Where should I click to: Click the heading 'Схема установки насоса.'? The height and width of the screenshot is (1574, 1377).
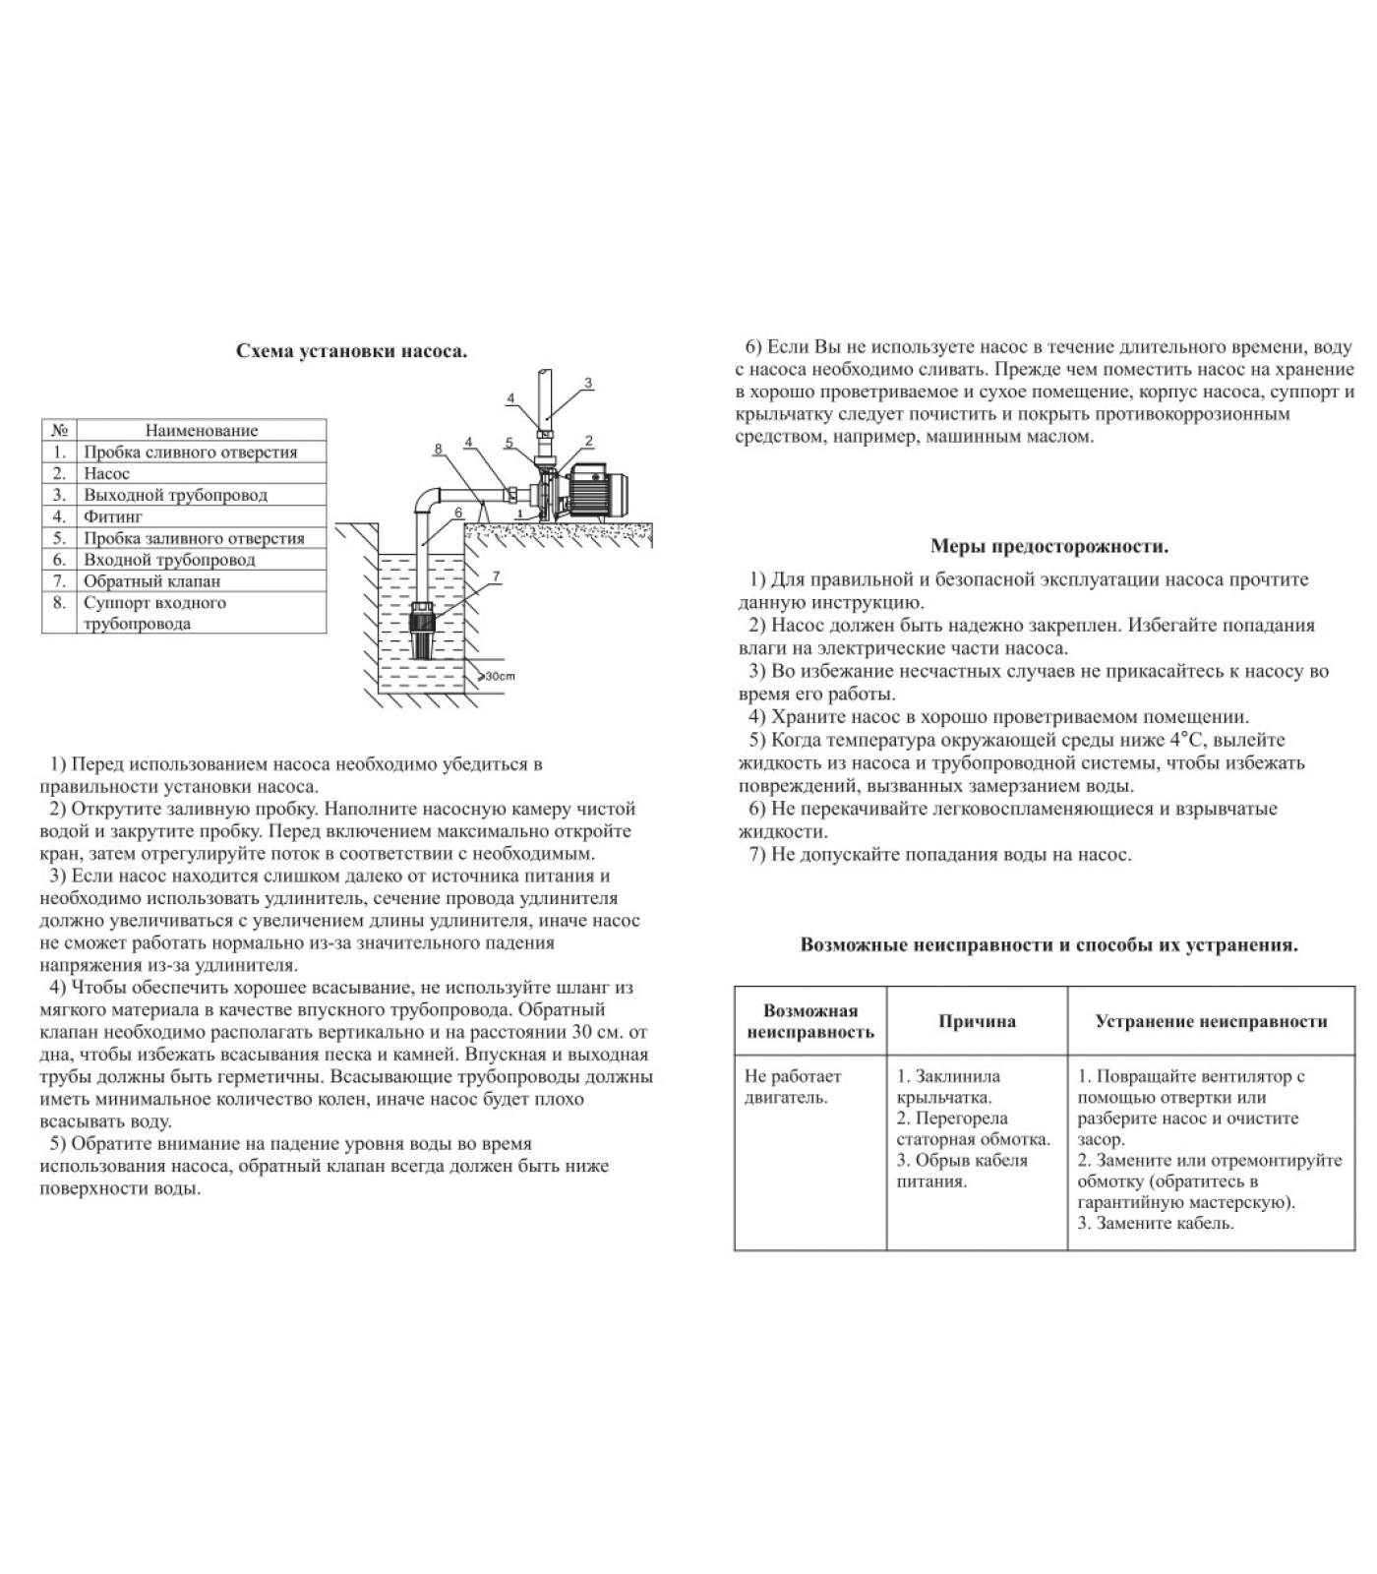[x=351, y=351]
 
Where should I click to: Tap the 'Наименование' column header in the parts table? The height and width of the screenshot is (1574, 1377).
[x=202, y=430]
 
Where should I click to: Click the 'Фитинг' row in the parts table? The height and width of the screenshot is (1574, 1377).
[x=113, y=516]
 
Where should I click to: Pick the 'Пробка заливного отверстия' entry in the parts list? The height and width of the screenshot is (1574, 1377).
[x=194, y=538]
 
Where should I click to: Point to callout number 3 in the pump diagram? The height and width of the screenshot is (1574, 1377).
[x=587, y=383]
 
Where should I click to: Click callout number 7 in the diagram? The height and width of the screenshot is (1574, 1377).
[x=495, y=575]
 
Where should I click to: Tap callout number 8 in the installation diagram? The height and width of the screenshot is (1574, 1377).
[x=438, y=450]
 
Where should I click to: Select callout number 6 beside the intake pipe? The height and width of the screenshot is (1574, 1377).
[x=458, y=513]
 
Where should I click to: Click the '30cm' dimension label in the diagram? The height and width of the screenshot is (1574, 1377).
[x=499, y=676]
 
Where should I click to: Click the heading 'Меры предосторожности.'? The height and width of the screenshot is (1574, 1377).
[x=1048, y=547]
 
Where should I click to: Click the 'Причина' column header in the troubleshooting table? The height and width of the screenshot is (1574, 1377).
[x=977, y=1021]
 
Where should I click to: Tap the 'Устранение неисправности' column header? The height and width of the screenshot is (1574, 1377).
[x=1211, y=1021]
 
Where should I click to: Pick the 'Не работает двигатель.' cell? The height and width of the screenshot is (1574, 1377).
[x=793, y=1087]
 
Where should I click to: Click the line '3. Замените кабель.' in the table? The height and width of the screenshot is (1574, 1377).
[x=1155, y=1224]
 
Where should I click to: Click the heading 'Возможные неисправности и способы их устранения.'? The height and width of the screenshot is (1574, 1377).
[x=1048, y=945]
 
